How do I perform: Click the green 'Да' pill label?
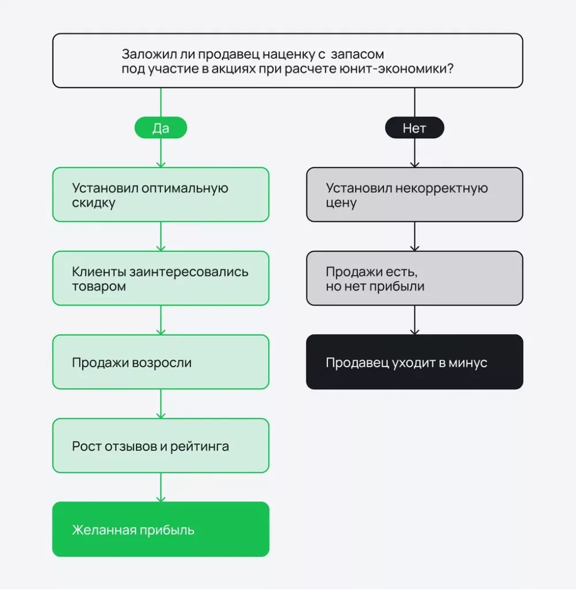[161, 128]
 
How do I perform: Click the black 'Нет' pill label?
[414, 128]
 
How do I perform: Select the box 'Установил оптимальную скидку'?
[161, 195]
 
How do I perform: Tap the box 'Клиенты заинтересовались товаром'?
[161, 278]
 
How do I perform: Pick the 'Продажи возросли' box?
[161, 362]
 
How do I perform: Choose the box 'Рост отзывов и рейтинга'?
[161, 445]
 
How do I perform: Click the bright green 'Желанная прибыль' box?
[161, 529]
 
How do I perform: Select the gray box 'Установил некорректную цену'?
[414, 195]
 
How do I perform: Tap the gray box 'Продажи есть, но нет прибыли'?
[414, 278]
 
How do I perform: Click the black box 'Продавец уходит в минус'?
[414, 362]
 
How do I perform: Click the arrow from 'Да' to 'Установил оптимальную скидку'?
[161, 153]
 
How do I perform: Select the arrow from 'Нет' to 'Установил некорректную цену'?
[414, 153]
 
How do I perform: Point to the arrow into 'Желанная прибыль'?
[161, 487]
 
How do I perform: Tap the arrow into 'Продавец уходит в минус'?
[414, 320]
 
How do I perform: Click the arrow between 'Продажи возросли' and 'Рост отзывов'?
[161, 404]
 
